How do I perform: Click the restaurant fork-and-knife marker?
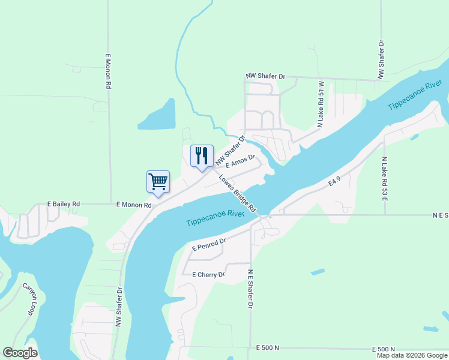201,156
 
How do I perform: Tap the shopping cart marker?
158,181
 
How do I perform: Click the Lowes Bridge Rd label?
238,193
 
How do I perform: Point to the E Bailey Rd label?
64,205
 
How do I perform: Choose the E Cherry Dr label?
208,275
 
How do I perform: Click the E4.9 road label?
335,181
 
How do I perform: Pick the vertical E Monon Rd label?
109,71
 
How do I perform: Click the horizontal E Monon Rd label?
134,205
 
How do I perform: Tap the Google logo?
20,353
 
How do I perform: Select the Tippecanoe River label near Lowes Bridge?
215,218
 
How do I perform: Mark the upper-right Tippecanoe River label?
415,95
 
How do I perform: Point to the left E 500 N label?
268,348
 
